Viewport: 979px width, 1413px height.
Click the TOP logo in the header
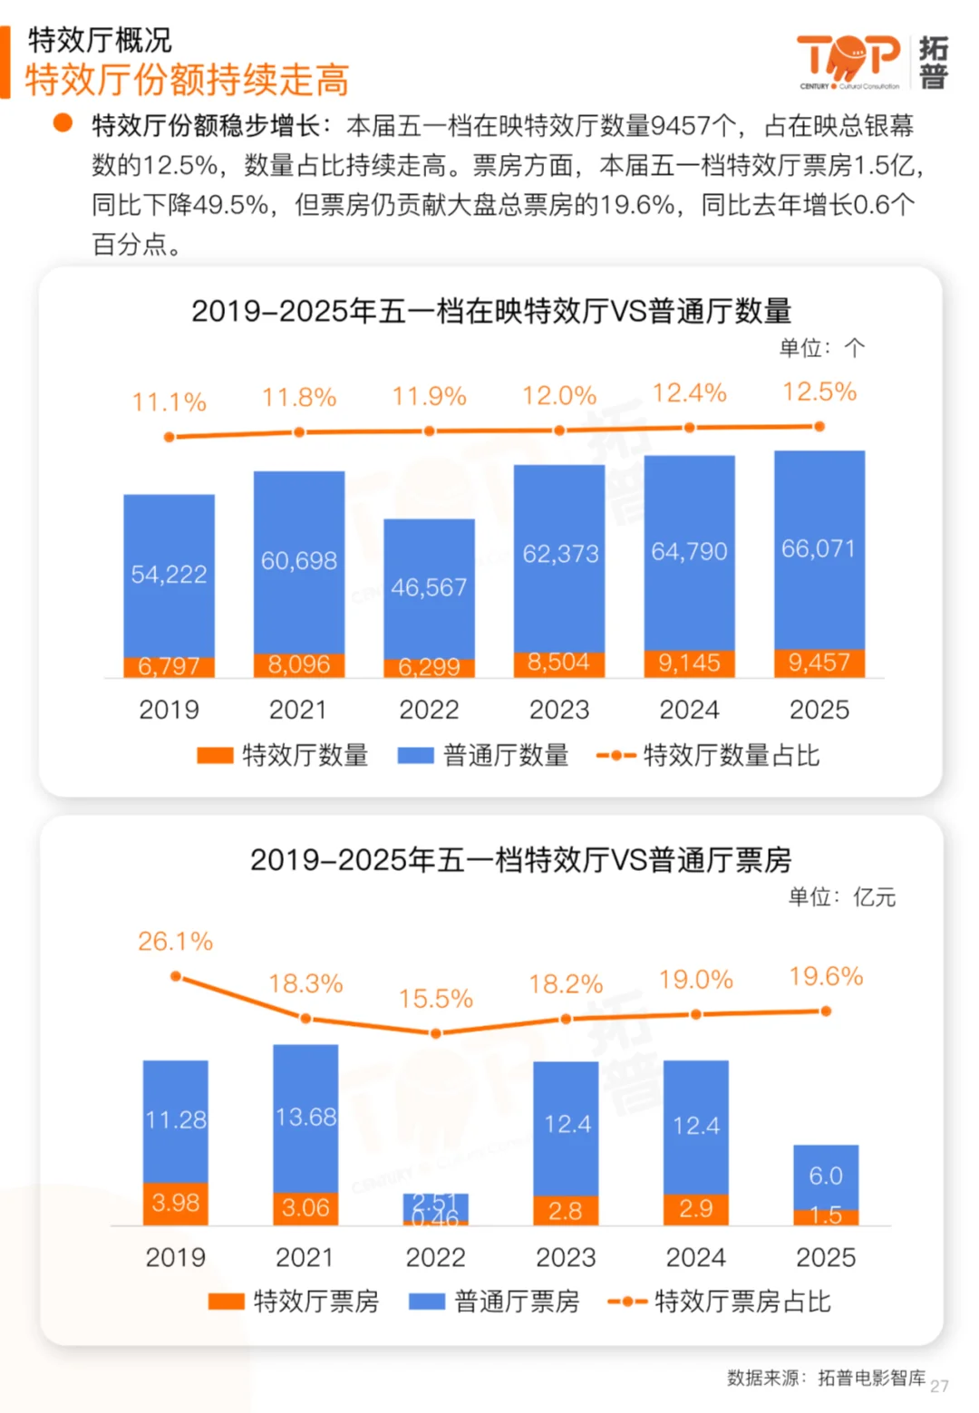point(848,60)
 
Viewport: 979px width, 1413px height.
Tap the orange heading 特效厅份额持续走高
point(187,80)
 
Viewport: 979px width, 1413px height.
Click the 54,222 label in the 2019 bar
point(169,574)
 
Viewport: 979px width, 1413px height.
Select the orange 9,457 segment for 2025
point(819,663)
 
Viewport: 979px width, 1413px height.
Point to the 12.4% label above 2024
point(689,393)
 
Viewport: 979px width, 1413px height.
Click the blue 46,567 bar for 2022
point(429,587)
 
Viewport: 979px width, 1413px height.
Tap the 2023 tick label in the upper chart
point(559,710)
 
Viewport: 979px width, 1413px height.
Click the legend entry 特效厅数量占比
point(708,755)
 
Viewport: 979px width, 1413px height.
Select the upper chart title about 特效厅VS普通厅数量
point(491,311)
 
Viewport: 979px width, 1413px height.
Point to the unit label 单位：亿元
point(841,897)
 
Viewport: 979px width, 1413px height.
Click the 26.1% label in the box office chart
point(175,942)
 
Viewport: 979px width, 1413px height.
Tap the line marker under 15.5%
point(436,1033)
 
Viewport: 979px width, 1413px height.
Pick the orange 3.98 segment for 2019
point(175,1204)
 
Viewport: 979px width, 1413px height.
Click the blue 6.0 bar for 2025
point(826,1176)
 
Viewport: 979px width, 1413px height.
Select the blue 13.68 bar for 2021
point(305,1117)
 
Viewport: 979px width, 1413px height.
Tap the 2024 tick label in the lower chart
point(696,1257)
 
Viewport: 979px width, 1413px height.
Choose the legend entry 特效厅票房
point(294,1302)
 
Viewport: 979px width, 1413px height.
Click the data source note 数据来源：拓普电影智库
point(826,1378)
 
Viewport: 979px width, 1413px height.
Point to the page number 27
point(939,1386)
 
